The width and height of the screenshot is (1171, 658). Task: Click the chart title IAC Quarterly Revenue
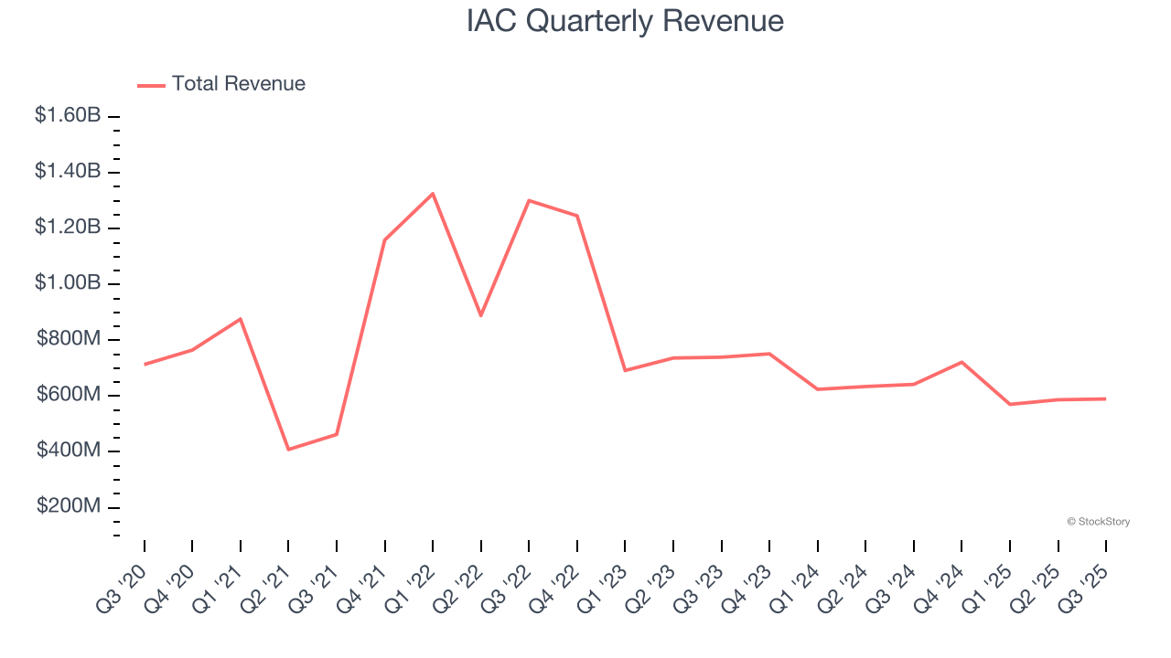click(x=625, y=21)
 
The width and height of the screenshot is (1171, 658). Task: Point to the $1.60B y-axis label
click(x=68, y=116)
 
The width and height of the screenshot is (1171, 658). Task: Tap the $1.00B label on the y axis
click(x=68, y=283)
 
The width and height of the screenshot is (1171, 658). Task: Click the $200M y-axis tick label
click(x=69, y=507)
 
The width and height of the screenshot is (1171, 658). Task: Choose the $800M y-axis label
click(x=69, y=339)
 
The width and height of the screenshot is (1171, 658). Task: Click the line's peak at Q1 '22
click(x=433, y=194)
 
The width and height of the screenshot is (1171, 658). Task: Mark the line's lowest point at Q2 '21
click(x=288, y=450)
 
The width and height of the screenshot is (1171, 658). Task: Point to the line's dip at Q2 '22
click(x=481, y=316)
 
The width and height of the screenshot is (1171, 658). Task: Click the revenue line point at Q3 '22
click(x=530, y=200)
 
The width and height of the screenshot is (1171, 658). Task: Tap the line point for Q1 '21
click(x=241, y=319)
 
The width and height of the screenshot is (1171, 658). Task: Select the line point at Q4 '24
click(x=962, y=362)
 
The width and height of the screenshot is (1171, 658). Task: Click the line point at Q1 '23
click(x=625, y=370)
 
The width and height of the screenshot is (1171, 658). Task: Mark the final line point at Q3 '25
click(x=1106, y=398)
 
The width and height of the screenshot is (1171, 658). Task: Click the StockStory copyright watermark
click(x=1098, y=522)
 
